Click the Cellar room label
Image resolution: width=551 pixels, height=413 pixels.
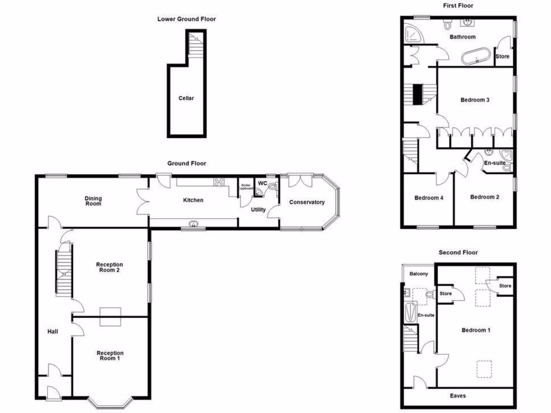coord(186,98)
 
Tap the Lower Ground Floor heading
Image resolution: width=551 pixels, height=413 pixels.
coord(186,19)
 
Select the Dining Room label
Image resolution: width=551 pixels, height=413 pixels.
coord(93,201)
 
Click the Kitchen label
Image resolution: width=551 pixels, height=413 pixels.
coord(193,200)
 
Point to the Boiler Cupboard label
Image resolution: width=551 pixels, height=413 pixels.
coord(245,187)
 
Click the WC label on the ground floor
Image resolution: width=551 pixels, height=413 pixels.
coord(263,183)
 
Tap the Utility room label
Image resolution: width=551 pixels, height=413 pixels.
coord(258,209)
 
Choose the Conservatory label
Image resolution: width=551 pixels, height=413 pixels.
coord(307,202)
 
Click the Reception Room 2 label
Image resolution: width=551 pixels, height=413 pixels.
coord(109,267)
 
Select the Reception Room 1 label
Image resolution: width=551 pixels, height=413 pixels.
coord(109,355)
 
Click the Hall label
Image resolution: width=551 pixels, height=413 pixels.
coord(52,332)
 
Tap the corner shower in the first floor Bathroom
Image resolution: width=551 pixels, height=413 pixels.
coord(413,34)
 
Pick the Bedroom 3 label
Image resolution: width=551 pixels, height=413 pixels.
coord(475,99)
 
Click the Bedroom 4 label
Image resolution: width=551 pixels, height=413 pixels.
coord(428,197)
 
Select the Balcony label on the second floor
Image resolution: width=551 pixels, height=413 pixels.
coord(419,274)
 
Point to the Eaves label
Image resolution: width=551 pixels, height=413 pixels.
coord(458,396)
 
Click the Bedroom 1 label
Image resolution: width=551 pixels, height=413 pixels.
coord(476,330)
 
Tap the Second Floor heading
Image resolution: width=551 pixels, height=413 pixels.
coord(458,252)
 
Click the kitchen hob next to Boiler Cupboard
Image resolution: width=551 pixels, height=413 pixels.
coord(220,182)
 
